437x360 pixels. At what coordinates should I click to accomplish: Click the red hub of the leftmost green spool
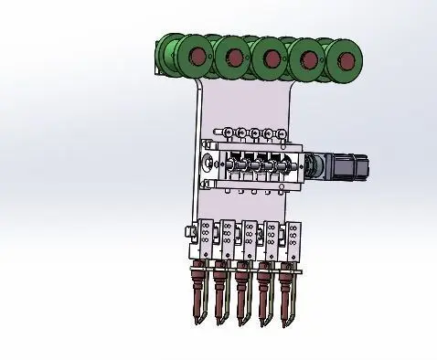(194, 57)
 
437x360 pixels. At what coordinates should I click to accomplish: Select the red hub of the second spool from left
(232, 58)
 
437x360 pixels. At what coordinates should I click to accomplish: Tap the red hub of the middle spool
(271, 59)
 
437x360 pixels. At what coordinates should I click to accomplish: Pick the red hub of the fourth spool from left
(309, 60)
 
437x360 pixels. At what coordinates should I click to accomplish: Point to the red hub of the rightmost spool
(346, 60)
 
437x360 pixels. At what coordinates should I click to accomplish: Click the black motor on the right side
(346, 167)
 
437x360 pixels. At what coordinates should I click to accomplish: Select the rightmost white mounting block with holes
(296, 243)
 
